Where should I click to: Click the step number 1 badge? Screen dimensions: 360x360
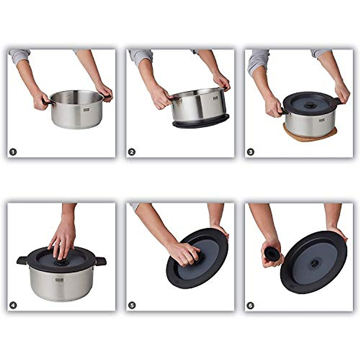click(13, 152)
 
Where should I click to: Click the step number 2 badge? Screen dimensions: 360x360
click(132, 152)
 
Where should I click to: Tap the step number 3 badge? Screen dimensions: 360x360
click(250, 152)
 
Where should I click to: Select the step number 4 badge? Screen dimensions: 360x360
click(13, 305)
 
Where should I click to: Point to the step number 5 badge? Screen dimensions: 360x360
click(132, 305)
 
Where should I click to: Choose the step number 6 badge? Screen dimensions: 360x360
click(250, 305)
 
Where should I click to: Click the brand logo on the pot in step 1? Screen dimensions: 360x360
click(87, 111)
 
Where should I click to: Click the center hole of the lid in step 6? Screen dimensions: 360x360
click(314, 263)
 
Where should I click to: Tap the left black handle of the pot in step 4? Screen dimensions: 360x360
click(22, 260)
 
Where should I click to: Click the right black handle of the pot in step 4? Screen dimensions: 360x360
click(101, 261)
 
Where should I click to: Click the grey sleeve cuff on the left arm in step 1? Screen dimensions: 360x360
click(19, 56)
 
